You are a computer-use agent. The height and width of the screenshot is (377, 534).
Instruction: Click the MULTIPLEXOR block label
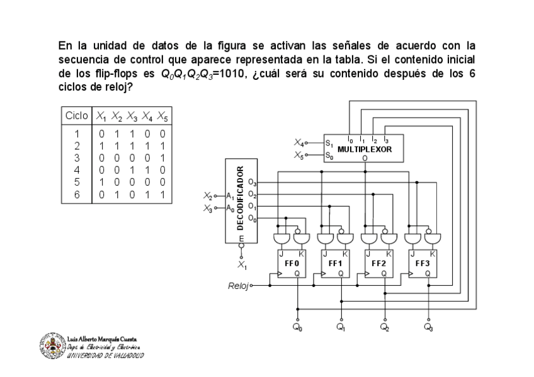coord(365,150)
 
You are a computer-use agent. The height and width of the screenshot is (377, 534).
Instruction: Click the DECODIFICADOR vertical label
coord(241,198)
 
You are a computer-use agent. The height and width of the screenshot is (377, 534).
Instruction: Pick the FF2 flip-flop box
coord(378,263)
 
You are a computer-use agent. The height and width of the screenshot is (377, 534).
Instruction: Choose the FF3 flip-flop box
coord(421,263)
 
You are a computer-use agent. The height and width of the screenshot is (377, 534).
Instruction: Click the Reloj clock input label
coord(239,286)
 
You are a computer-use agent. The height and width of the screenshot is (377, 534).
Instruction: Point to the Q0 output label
coord(298,327)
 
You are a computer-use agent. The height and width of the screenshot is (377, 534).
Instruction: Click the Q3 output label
coord(428,327)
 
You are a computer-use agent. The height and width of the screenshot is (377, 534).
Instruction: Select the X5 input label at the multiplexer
coord(299,154)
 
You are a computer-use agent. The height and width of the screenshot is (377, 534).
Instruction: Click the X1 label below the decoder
coord(242,266)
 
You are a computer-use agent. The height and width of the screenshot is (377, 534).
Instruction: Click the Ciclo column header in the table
coord(76,116)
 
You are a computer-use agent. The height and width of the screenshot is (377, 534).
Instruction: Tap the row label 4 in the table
coord(76,169)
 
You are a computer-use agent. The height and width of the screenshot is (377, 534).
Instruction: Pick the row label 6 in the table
coord(76,194)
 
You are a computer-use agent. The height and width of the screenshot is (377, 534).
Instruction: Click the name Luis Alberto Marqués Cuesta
coord(101,340)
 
